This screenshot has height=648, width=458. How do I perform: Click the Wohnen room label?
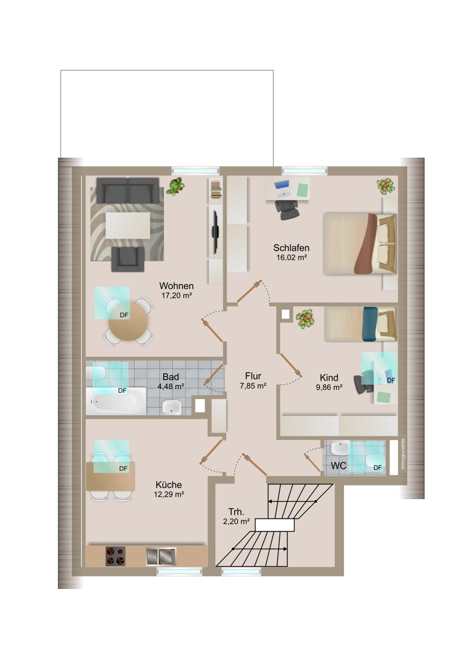click(176, 286)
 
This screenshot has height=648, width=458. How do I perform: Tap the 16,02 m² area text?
click(291, 257)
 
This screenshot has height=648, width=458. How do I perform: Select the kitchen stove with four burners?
click(116, 556)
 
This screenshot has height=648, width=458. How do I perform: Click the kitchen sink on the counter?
click(161, 556)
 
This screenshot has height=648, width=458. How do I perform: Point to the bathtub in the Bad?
click(116, 402)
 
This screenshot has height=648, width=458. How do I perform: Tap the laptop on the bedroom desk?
click(282, 187)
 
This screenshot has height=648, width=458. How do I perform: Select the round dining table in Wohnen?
click(128, 321)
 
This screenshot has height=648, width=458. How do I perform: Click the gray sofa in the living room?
click(127, 191)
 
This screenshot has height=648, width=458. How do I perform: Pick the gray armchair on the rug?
click(128, 259)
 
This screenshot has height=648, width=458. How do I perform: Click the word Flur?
click(253, 376)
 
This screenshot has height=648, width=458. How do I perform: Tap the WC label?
click(339, 465)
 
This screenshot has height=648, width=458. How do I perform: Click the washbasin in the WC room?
click(340, 448)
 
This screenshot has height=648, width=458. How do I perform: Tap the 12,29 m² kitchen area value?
click(169, 495)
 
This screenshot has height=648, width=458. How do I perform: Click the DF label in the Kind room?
click(391, 380)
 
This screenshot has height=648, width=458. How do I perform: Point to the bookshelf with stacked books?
click(215, 190)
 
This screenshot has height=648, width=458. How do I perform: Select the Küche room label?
click(169, 484)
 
